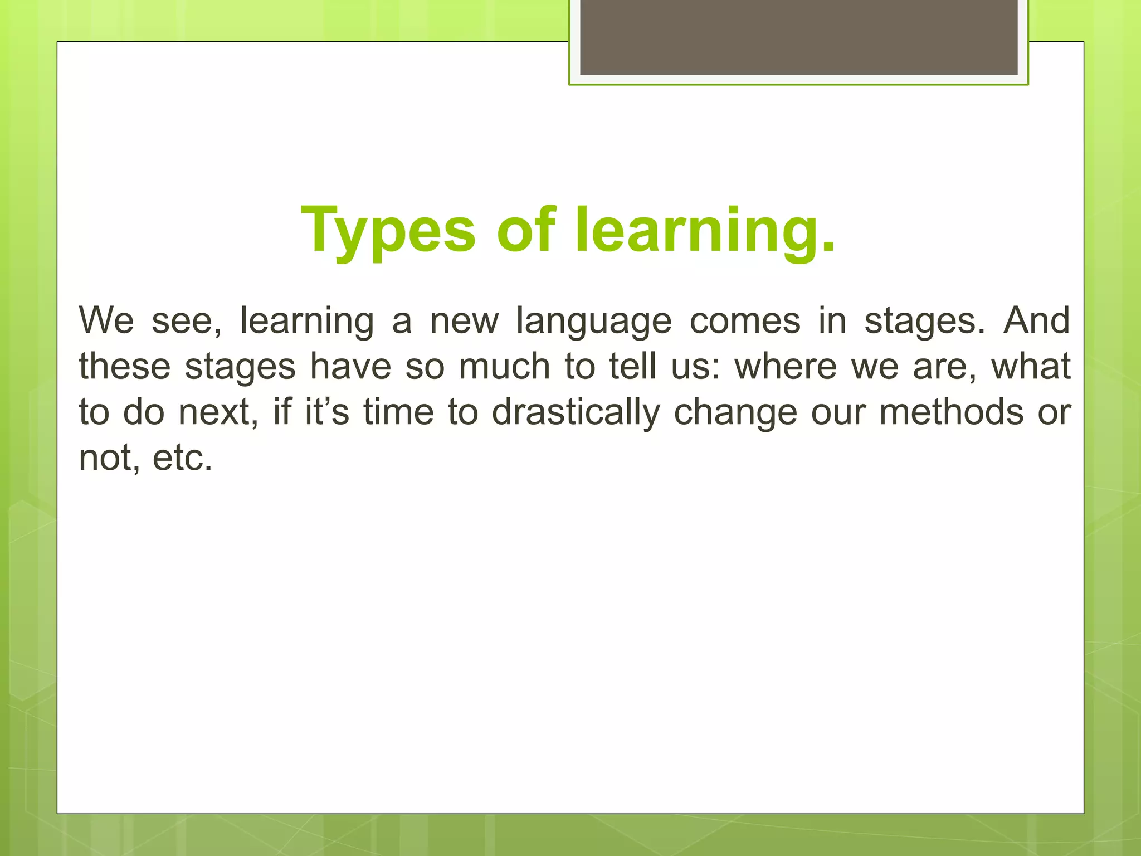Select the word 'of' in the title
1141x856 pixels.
coord(526,230)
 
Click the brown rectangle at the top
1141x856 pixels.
coord(798,37)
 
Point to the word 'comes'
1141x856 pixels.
coord(745,322)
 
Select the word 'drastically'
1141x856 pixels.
coord(576,414)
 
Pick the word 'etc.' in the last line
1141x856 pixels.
coord(182,458)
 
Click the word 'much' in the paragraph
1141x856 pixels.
coord(504,367)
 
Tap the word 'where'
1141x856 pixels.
coord(786,367)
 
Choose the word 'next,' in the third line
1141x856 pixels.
coord(218,413)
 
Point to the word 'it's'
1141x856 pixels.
coord(327,412)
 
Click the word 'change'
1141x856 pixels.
coord(735,414)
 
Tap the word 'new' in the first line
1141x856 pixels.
coord(464,322)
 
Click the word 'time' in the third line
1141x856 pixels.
coord(398,412)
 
